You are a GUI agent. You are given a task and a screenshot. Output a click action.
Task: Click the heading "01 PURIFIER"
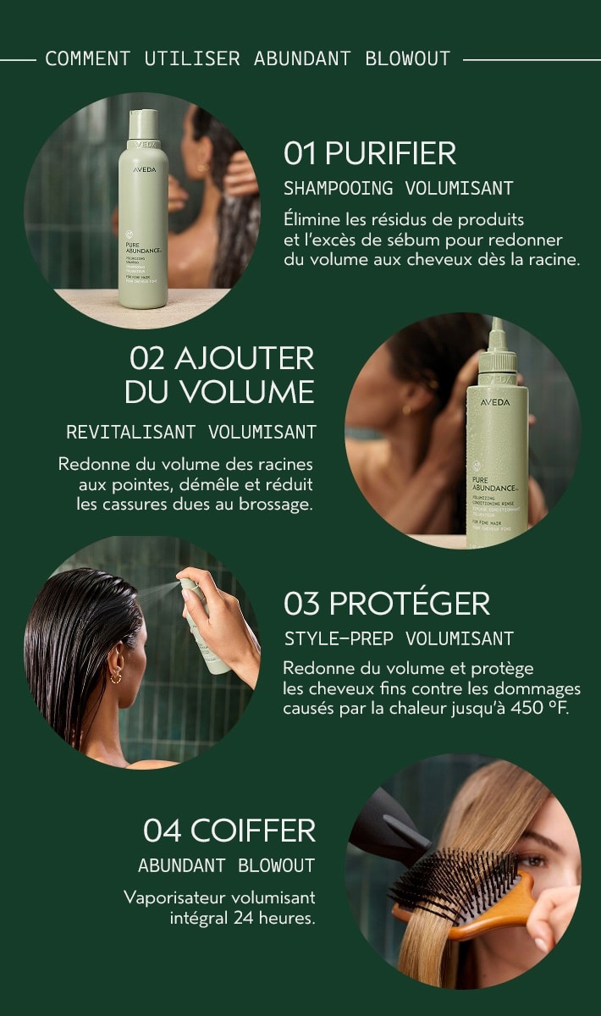point(370,153)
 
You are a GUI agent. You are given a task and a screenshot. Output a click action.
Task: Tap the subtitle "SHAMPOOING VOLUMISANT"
point(398,188)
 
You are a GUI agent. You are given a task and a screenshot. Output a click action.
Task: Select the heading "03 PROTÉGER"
point(386,604)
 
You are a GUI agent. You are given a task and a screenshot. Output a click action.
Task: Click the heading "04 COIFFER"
point(229,831)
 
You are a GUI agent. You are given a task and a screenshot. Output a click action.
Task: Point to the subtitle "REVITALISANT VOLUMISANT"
point(191,433)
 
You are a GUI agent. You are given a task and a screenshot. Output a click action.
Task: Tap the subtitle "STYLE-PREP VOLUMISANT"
point(398,638)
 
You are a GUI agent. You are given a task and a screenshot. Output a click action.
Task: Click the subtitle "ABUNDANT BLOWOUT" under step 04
point(226,865)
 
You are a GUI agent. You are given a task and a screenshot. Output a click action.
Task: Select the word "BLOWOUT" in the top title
point(408,58)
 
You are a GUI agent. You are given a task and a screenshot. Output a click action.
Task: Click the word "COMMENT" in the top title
point(87,58)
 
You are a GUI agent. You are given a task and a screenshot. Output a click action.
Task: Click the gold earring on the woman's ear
point(116,676)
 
